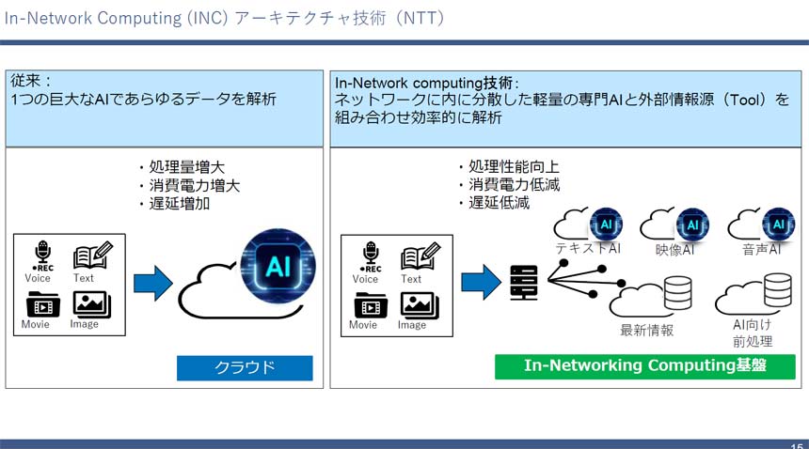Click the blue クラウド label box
click(245, 367)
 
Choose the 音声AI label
click(762, 249)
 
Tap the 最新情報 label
click(646, 330)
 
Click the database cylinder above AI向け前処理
click(777, 292)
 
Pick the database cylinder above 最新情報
click(677, 294)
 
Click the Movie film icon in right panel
click(365, 304)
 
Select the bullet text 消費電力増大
click(188, 186)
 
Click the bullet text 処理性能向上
click(514, 168)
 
